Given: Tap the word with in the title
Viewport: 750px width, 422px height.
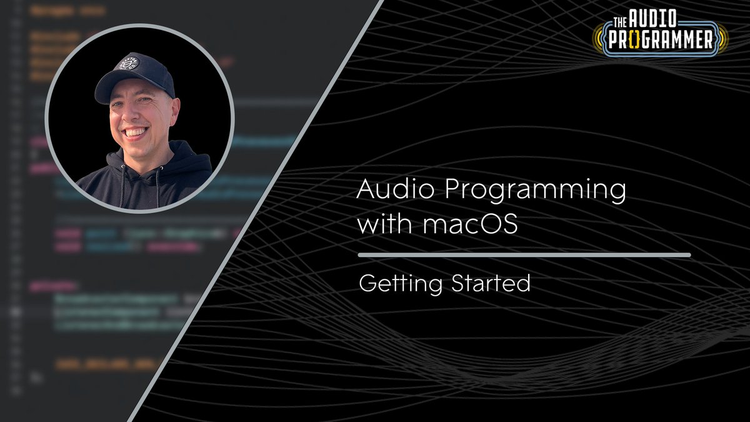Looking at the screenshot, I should pos(381,224).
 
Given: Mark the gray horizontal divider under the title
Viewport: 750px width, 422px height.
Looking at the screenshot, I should pos(524,255).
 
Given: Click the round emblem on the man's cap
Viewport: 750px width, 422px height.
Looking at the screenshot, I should pos(130,65).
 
